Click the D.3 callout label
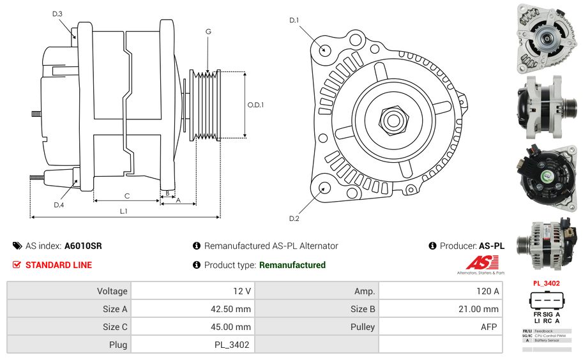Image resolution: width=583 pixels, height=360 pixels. (57, 13)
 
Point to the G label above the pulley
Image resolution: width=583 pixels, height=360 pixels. (208, 31)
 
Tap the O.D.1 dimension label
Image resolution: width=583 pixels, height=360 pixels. (256, 105)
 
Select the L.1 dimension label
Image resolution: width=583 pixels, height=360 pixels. (124, 211)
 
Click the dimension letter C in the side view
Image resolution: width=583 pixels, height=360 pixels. (127, 195)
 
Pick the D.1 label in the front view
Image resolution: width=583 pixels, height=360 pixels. (294, 20)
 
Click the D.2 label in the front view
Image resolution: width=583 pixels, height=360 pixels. (294, 219)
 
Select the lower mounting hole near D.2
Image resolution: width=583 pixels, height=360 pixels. (324, 188)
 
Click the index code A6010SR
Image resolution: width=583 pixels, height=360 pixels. (83, 246)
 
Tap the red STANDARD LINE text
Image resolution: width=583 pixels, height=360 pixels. (59, 265)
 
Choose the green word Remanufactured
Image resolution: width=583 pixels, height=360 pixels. (292, 265)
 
